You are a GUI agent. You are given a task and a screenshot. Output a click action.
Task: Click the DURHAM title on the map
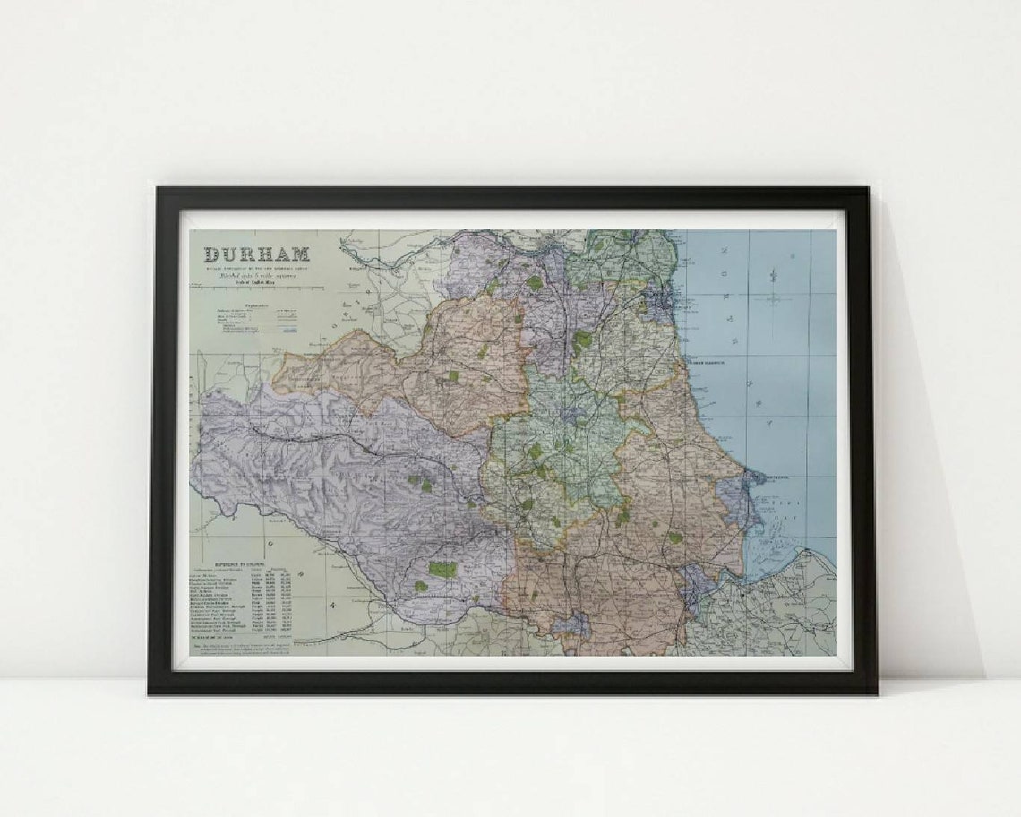[257, 254]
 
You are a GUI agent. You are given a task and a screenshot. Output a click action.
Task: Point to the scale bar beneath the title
[257, 288]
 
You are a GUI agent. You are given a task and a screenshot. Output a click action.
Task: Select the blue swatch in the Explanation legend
[287, 331]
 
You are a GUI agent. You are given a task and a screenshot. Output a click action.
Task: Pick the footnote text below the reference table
[242, 647]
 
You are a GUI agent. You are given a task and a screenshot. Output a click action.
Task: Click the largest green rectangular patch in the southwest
[442, 569]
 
